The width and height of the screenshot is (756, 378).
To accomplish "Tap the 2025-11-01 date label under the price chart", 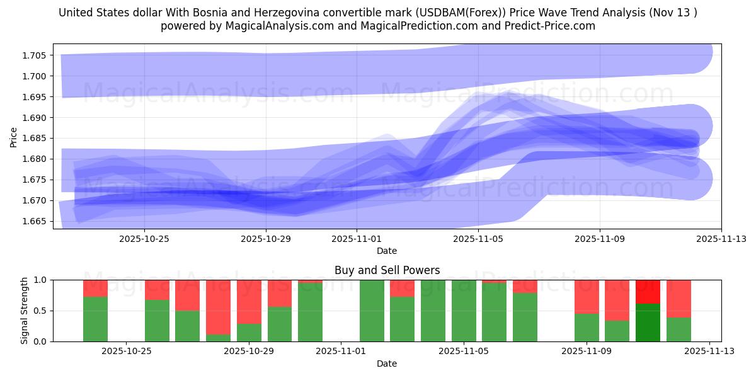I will (357, 239).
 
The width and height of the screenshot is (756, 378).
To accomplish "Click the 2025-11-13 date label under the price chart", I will (721, 239).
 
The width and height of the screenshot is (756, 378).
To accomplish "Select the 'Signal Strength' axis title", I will (25, 311).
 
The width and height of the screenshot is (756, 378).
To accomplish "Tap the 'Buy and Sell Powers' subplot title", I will (387, 270).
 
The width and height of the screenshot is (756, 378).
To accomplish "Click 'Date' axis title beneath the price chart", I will (387, 251).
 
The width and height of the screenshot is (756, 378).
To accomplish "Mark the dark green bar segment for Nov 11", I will (648, 323).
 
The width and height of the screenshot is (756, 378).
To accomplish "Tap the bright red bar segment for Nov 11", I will (648, 292).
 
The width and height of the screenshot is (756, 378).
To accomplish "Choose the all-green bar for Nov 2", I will (372, 311).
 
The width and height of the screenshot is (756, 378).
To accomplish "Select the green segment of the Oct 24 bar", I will (95, 319).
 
